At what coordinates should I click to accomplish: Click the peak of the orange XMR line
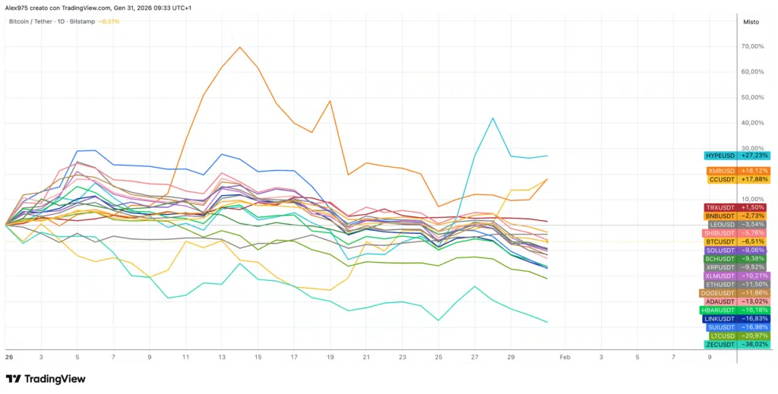pyautogui.click(x=240, y=47)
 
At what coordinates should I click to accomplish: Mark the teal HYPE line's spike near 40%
pyautogui.click(x=493, y=118)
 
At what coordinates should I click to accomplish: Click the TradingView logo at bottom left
pyautogui.click(x=46, y=379)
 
